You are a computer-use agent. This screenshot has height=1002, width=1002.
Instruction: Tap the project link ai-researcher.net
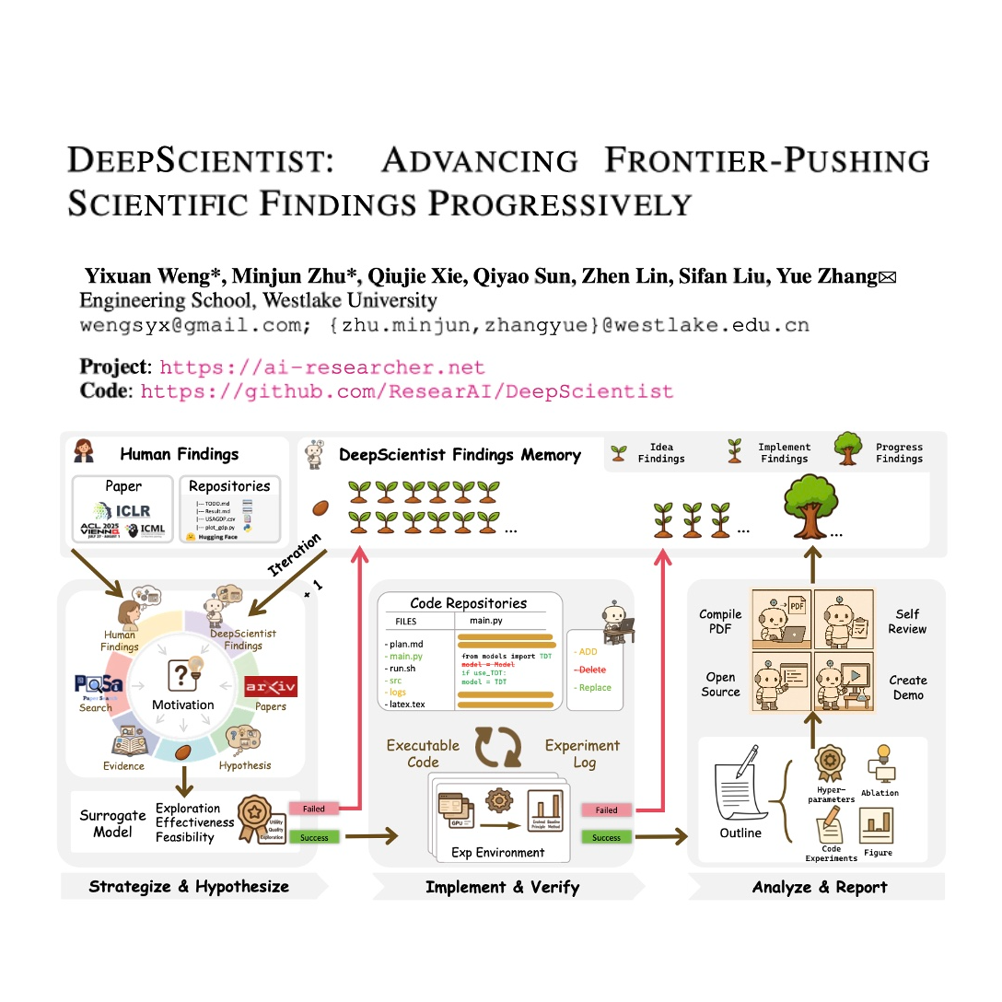[x=322, y=367]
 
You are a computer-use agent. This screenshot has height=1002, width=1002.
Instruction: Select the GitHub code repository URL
[x=407, y=391]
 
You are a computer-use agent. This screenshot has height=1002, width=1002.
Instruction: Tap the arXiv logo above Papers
[x=271, y=687]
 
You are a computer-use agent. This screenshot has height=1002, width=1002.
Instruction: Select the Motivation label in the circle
[x=182, y=705]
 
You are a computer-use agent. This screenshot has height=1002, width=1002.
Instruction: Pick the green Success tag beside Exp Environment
[x=606, y=837]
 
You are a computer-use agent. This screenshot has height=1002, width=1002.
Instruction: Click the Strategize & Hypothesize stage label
[x=189, y=887]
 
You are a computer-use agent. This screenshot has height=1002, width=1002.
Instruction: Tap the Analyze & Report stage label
[x=820, y=887]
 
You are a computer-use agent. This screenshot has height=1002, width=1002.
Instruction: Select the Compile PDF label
[x=720, y=622]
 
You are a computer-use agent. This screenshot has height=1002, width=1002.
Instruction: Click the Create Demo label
[x=908, y=687]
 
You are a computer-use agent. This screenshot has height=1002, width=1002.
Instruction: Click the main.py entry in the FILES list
[x=404, y=657]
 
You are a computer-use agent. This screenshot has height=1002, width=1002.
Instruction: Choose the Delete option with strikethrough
[x=590, y=670]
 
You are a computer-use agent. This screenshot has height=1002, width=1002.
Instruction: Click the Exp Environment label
[x=497, y=853]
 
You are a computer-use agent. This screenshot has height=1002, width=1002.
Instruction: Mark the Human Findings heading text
[x=180, y=454]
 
